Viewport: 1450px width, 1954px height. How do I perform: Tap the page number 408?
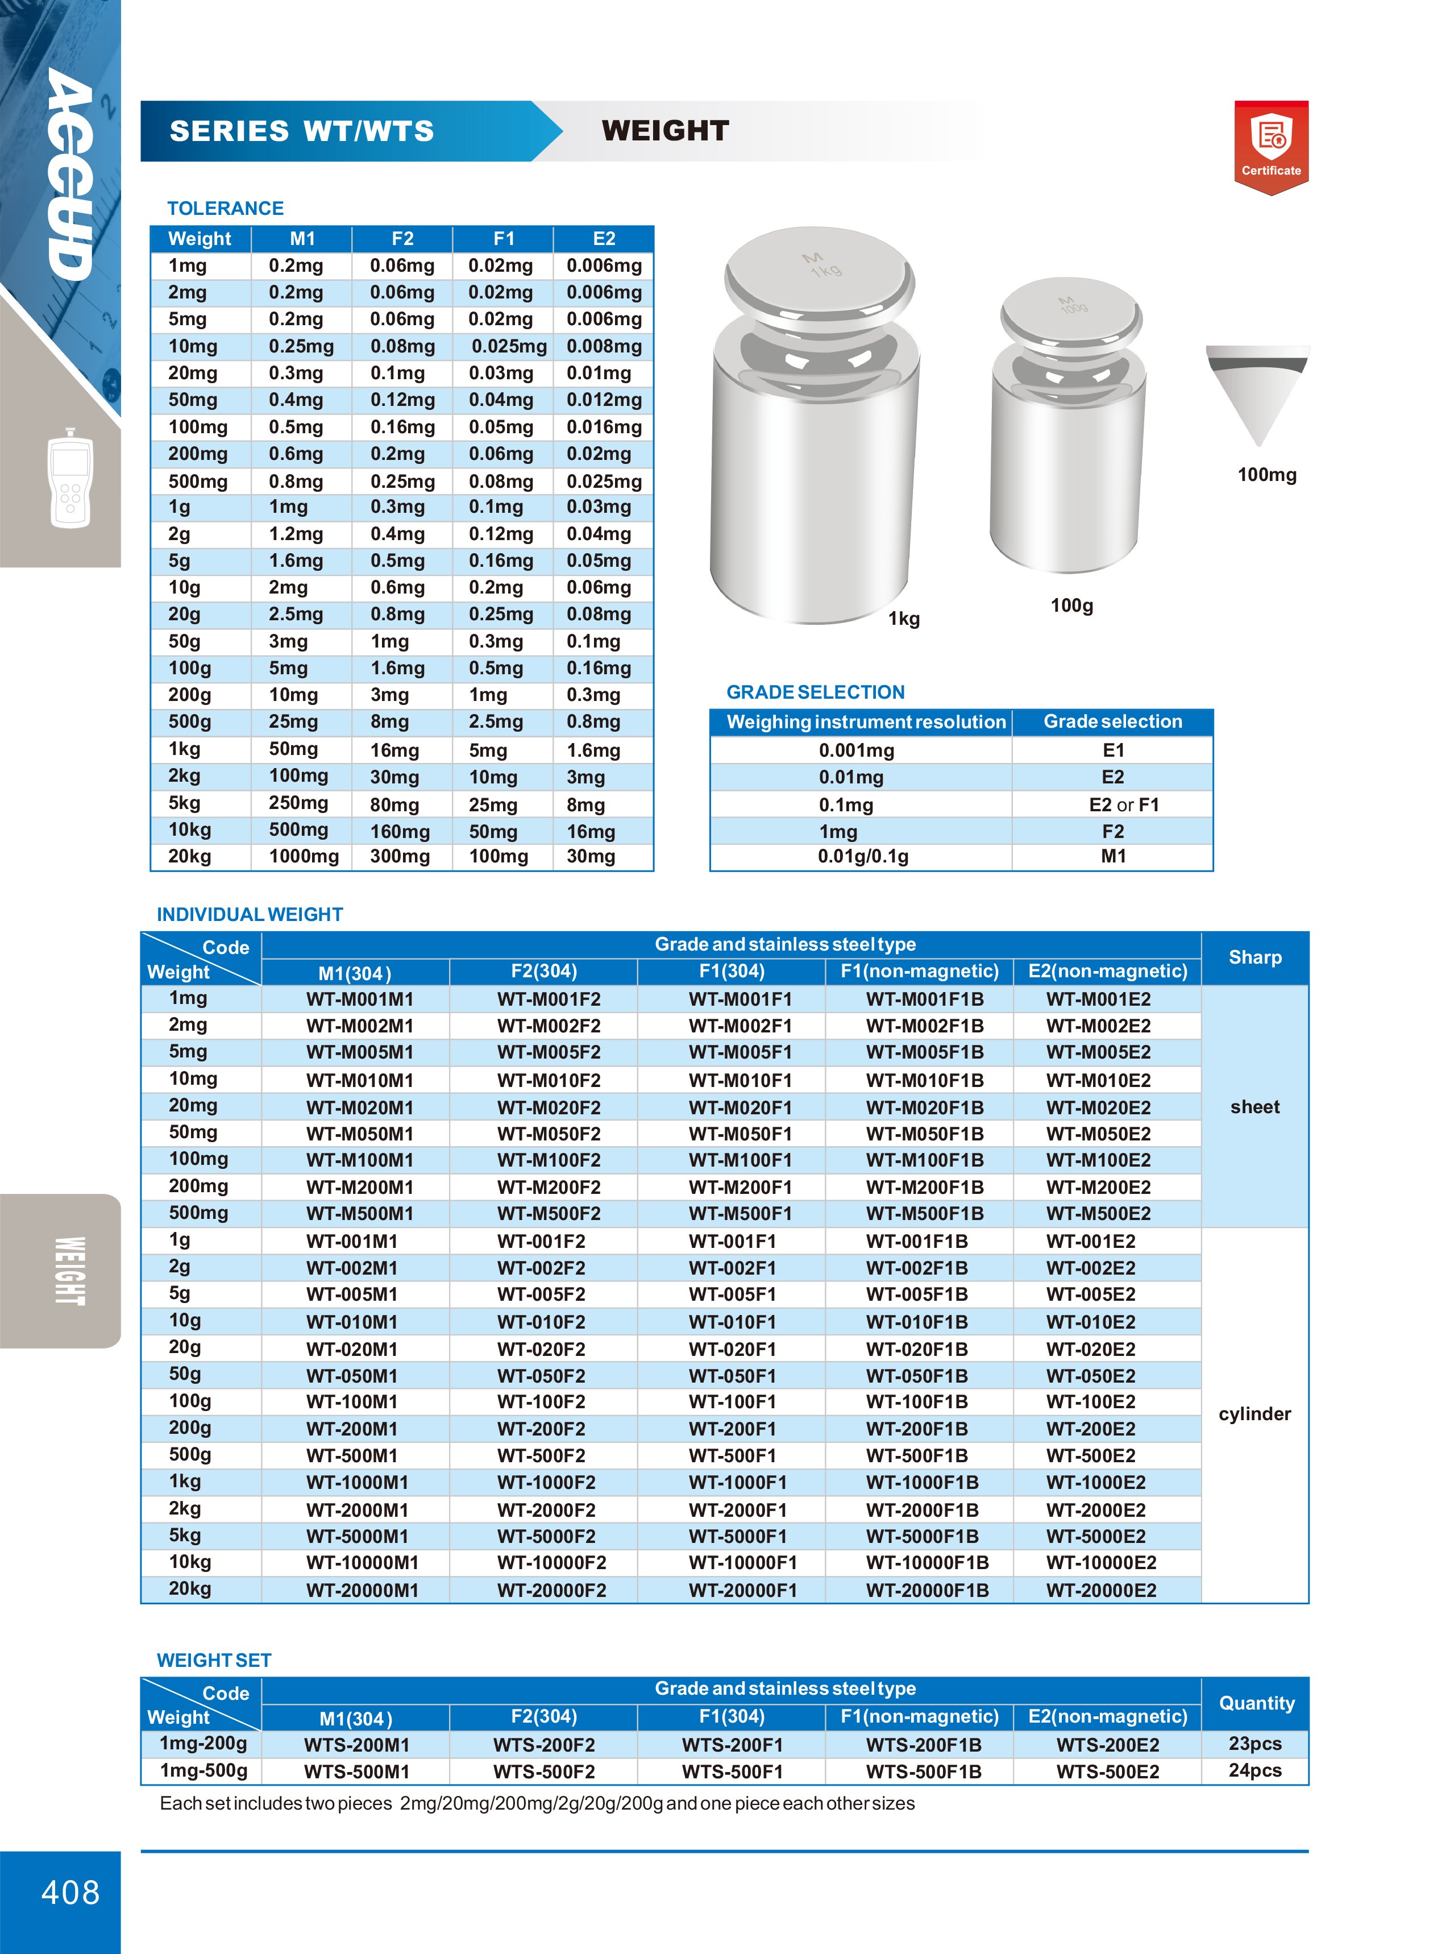click(70, 1891)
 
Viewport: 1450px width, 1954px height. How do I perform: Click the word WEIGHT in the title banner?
click(665, 131)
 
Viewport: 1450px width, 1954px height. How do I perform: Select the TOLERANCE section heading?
click(226, 208)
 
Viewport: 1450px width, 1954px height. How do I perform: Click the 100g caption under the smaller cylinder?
click(1071, 605)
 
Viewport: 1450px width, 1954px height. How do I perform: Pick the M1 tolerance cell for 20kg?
click(304, 857)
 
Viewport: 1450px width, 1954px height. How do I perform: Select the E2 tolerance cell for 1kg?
click(593, 750)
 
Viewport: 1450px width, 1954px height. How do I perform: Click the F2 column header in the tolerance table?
click(402, 239)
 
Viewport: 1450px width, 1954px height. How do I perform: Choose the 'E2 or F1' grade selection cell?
click(1124, 804)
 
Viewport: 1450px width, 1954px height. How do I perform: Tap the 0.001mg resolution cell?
click(856, 750)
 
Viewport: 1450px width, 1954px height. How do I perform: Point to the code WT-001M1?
click(352, 1241)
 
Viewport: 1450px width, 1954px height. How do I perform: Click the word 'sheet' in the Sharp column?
click(1254, 1107)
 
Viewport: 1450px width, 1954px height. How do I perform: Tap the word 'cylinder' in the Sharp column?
click(1254, 1413)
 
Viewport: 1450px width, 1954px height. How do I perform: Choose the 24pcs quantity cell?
click(1254, 1770)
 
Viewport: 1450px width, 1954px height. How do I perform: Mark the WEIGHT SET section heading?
click(214, 1660)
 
